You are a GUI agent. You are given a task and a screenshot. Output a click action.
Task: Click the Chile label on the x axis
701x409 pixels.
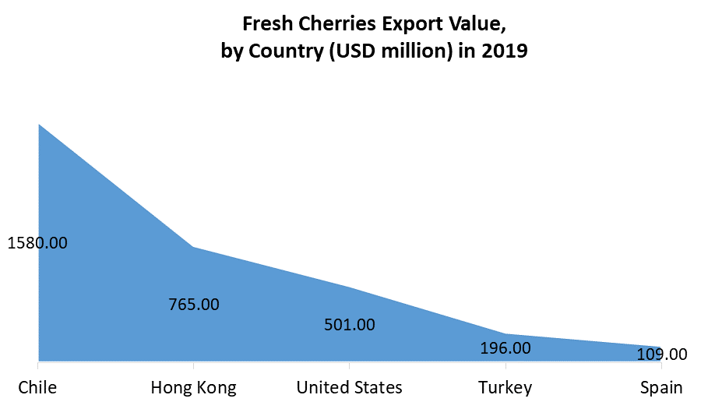coord(37,387)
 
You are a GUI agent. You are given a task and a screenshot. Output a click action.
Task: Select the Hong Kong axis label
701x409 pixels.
coord(193,387)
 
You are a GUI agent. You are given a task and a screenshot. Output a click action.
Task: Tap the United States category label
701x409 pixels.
coord(349,387)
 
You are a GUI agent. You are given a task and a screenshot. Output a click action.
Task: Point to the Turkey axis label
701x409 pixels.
coord(505,387)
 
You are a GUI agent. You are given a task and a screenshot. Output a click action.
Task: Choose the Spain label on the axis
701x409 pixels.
coord(661,387)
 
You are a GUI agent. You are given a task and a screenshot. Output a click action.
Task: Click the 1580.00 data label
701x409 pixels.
coord(37,243)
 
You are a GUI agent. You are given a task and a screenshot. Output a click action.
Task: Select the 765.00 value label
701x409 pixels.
coord(194,304)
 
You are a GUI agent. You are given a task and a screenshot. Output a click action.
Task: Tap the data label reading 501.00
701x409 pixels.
coord(349,324)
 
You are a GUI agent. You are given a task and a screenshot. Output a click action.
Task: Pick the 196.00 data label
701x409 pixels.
coord(505,347)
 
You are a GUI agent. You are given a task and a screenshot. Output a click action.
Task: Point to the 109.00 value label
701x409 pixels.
coord(661,354)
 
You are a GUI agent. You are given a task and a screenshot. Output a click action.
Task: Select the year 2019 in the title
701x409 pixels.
coord(508,52)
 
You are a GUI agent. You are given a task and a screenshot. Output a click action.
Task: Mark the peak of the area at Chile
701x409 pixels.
coord(38,124)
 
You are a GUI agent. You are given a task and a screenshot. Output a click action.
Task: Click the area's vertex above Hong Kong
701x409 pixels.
coord(194,247)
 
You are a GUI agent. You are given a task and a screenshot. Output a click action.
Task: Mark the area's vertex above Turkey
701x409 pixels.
coord(505,333)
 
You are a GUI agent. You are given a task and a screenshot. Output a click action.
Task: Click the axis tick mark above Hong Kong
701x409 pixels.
coord(194,365)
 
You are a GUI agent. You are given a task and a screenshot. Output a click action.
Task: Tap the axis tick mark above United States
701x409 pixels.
coord(350,365)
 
